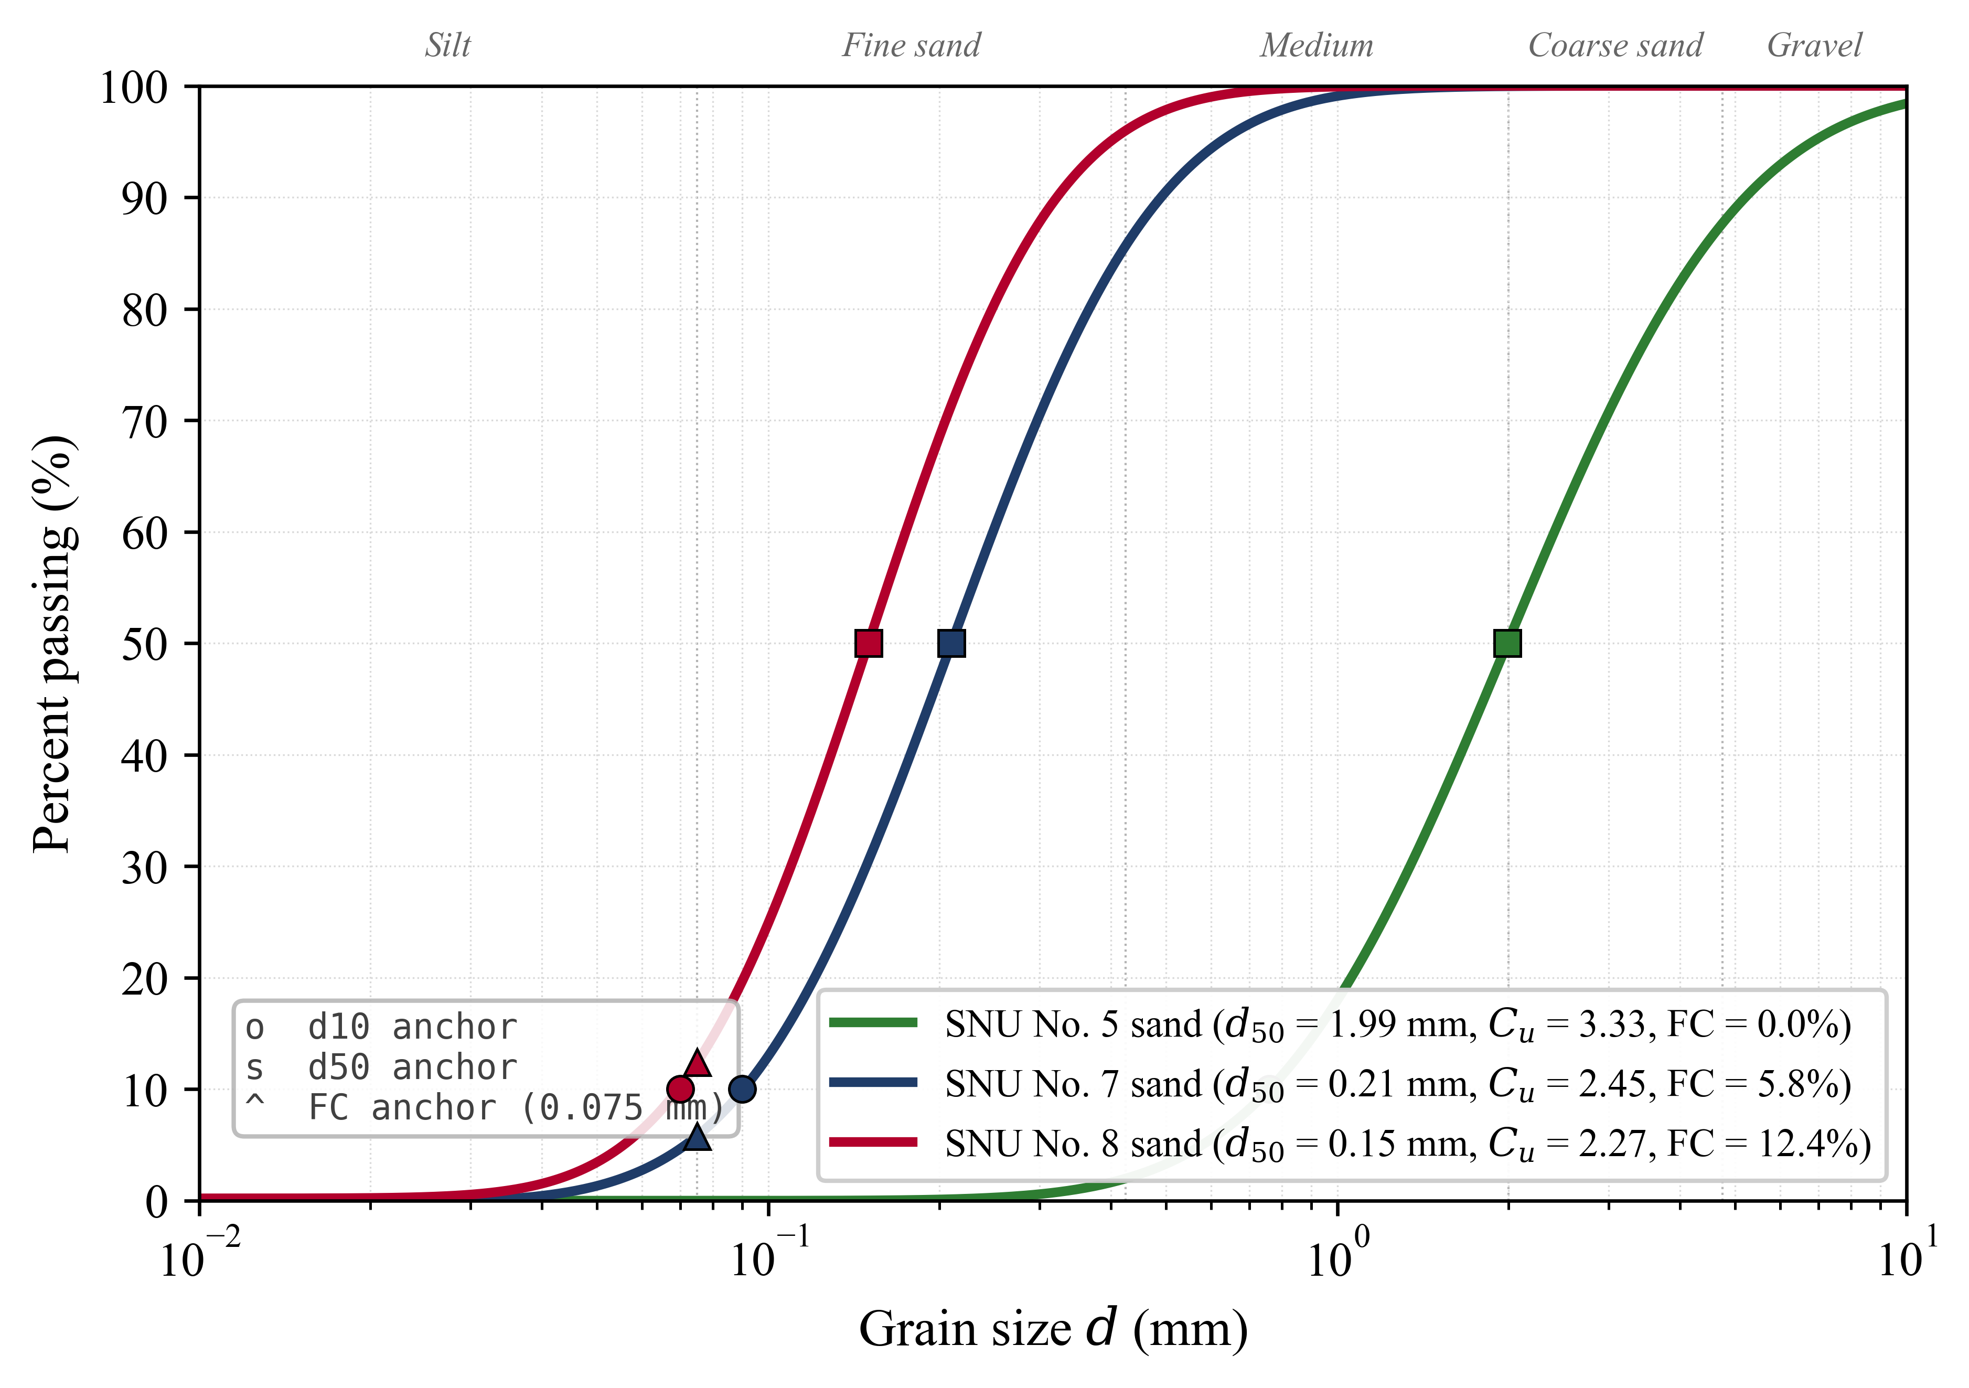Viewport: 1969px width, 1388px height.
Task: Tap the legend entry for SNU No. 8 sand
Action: (x=1406, y=1145)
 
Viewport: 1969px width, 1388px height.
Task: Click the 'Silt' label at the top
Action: (x=447, y=46)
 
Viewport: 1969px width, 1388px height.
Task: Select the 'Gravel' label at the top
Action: (x=1814, y=46)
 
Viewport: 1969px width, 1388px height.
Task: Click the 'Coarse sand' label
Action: (x=1615, y=46)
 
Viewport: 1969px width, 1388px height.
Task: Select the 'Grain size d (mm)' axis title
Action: (x=1053, y=1330)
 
